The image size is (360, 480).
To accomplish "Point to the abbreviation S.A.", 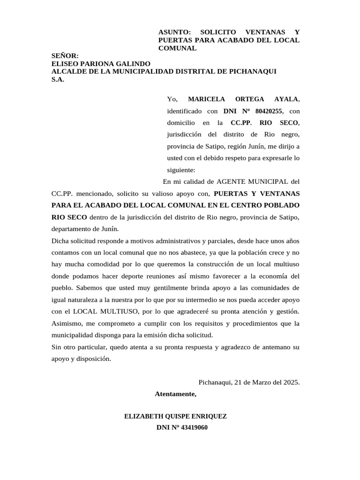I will tap(58, 79).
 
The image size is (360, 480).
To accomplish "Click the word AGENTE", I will tap(241, 181).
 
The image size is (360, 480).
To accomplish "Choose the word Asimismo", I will tap(66, 323).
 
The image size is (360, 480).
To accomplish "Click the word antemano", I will tap(276, 347).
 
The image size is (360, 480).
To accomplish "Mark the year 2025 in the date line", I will tap(291, 382).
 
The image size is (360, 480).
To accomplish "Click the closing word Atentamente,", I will tap(176, 394).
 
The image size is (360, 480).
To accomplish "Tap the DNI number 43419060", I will tap(191, 427).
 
